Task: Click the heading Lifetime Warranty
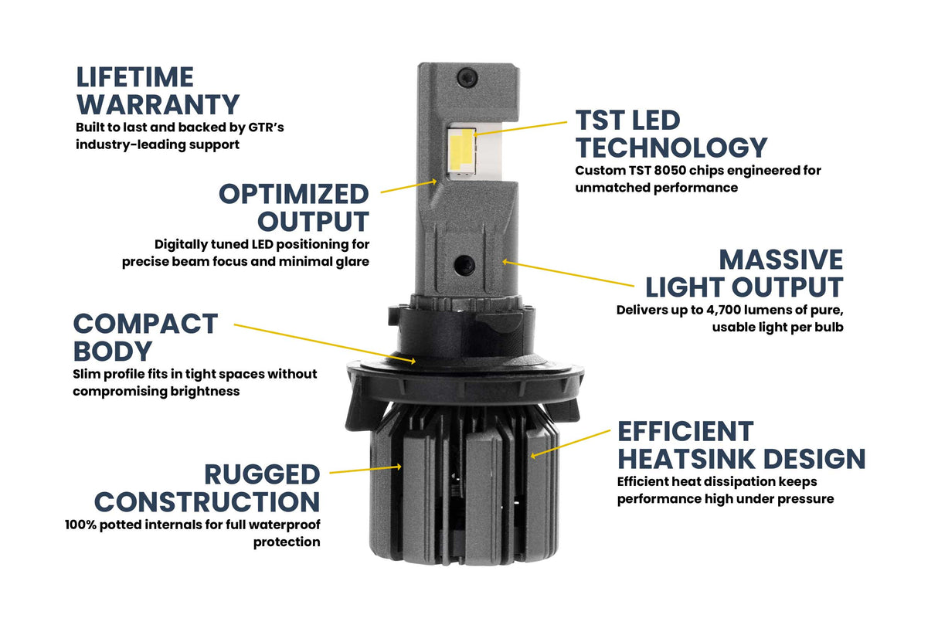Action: (157, 90)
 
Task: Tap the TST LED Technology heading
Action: (671, 134)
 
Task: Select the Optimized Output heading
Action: (294, 207)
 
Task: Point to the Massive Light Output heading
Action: (744, 273)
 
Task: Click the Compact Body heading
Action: (145, 336)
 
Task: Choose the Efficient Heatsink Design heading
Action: (740, 445)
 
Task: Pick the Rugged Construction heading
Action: (207, 487)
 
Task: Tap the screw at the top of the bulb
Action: (464, 76)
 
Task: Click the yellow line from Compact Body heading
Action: (325, 341)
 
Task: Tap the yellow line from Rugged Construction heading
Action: (363, 469)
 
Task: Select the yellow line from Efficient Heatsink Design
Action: (572, 443)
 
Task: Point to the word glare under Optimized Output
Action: (352, 262)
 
